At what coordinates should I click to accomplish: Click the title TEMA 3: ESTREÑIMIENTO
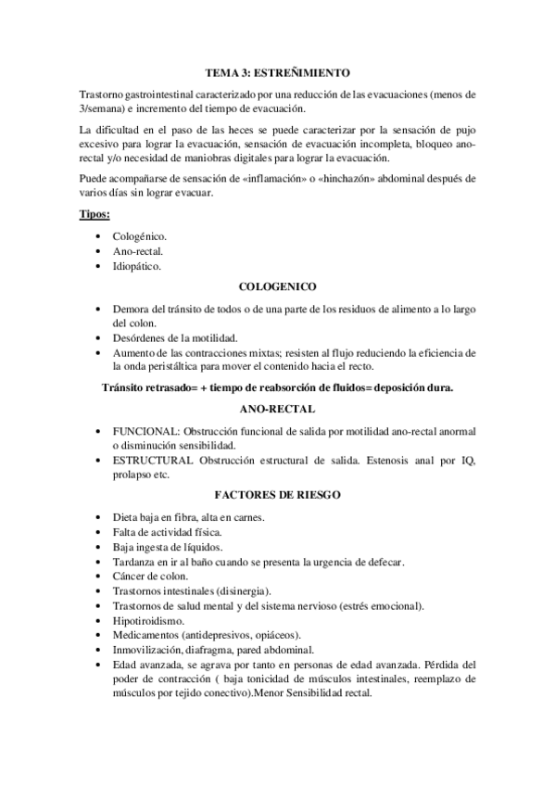point(277,71)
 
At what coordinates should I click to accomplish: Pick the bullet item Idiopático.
point(137,267)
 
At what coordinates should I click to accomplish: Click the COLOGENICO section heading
point(277,287)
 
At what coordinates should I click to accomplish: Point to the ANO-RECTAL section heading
point(277,408)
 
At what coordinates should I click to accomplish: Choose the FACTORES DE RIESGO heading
point(277,495)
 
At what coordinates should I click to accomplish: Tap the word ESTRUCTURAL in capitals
point(154,461)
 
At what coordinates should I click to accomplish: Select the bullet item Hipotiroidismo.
point(147,620)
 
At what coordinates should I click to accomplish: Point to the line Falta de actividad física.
point(167,531)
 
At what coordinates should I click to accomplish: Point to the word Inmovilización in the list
point(149,650)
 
